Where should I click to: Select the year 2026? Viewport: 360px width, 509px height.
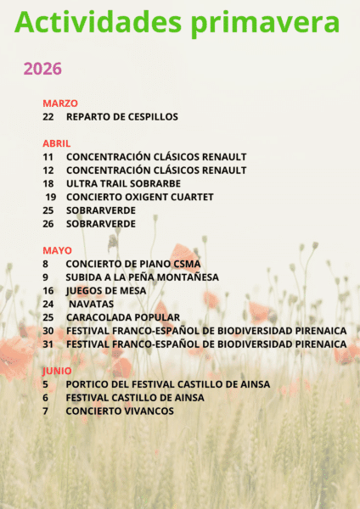tap(42, 69)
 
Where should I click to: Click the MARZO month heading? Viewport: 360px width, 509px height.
tap(59, 103)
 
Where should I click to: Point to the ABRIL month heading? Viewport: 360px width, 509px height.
tap(56, 143)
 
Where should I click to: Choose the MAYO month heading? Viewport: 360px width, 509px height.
tap(57, 250)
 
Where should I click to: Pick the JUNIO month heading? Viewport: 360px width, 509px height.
tap(57, 371)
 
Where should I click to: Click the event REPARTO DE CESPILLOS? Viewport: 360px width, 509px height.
tap(122, 116)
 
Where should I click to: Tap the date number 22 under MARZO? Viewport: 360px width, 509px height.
tap(48, 116)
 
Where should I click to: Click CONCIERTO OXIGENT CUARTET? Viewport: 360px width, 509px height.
tap(140, 197)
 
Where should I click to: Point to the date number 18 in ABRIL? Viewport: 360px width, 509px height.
tap(48, 183)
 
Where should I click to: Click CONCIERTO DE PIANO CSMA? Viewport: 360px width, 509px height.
tap(133, 264)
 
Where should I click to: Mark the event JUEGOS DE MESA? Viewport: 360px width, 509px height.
tap(106, 290)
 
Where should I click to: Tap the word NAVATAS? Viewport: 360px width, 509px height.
tap(91, 304)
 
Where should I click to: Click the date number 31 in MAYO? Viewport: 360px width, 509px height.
tap(48, 344)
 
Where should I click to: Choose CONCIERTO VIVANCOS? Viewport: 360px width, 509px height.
tap(120, 411)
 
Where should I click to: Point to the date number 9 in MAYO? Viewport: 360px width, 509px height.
tap(45, 277)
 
